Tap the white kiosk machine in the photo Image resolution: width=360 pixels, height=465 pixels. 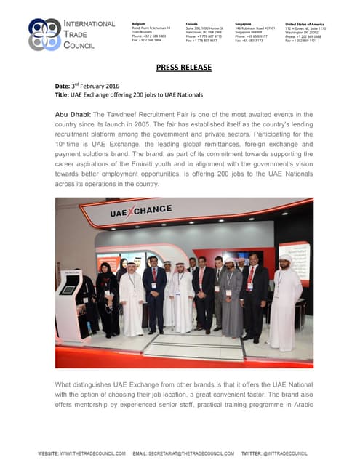70,305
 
